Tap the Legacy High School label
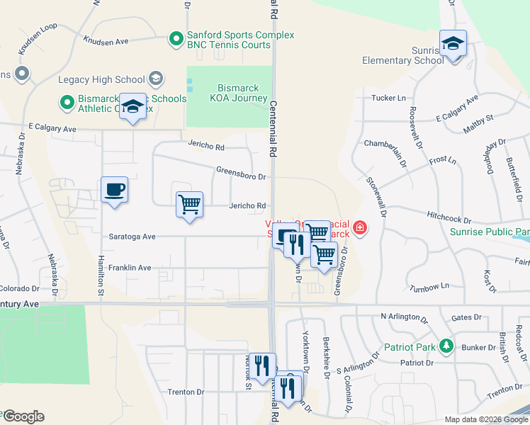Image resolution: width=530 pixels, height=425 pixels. tap(101, 79)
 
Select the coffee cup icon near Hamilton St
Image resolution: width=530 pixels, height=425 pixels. tap(114, 190)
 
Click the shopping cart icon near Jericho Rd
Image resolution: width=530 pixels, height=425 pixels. tap(189, 205)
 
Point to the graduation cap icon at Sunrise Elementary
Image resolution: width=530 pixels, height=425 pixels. tap(453, 43)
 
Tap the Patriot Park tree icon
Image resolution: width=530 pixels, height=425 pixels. tap(446, 346)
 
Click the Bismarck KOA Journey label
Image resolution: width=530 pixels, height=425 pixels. tap(237, 93)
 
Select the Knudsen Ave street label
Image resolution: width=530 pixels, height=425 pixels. tap(106, 41)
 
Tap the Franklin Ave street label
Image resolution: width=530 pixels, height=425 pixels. tap(130, 268)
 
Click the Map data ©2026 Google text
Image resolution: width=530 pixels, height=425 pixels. tap(486, 419)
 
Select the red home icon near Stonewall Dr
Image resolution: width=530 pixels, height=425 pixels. tap(360, 228)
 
